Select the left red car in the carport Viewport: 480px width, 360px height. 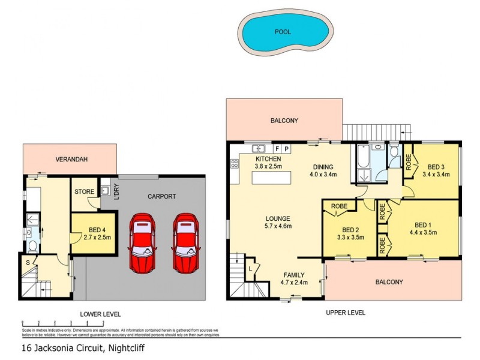pyautogui.click(x=143, y=242)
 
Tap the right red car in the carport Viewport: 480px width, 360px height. pyautogui.click(x=185, y=242)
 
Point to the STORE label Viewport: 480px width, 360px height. pyautogui.click(x=83, y=192)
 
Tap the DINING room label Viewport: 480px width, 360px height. pyautogui.click(x=322, y=167)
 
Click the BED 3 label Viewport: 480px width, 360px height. pyautogui.click(x=436, y=167)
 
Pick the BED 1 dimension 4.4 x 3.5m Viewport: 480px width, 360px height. pyautogui.click(x=422, y=232)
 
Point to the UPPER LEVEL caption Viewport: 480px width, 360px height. pyautogui.click(x=345, y=313)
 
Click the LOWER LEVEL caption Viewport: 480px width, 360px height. pyautogui.click(x=100, y=314)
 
